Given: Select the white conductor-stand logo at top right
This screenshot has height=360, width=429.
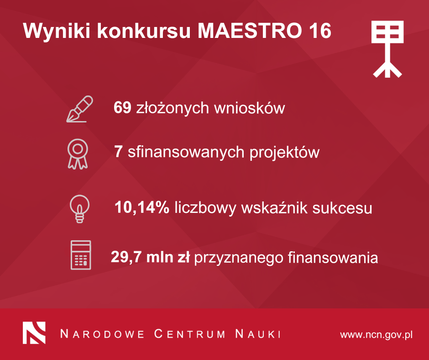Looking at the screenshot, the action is point(387,49).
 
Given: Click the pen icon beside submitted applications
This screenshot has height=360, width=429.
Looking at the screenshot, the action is point(79,109).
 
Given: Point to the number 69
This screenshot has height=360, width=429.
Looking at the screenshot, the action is point(122,107).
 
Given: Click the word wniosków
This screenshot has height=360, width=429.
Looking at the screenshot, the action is point(250,108).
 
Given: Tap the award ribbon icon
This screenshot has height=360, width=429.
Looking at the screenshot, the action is point(78,154).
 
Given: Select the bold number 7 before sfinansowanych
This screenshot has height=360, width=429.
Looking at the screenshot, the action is point(118,152).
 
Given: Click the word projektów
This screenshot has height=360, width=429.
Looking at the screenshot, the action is point(284,152).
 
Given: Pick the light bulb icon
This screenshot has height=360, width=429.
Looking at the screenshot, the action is point(79,209).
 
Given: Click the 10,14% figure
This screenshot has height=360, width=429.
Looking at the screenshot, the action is point(142,207).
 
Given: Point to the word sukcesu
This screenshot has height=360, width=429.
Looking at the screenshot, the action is point(342,208).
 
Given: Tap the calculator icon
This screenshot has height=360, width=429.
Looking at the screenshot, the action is point(81,255).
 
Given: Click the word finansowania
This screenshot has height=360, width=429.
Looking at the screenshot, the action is point(333,258).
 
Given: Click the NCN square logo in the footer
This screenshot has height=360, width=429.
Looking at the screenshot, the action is point(34,333).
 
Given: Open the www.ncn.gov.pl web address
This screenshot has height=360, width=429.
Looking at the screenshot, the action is point(377,335).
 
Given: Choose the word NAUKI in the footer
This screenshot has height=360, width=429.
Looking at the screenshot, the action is point(258,334).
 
